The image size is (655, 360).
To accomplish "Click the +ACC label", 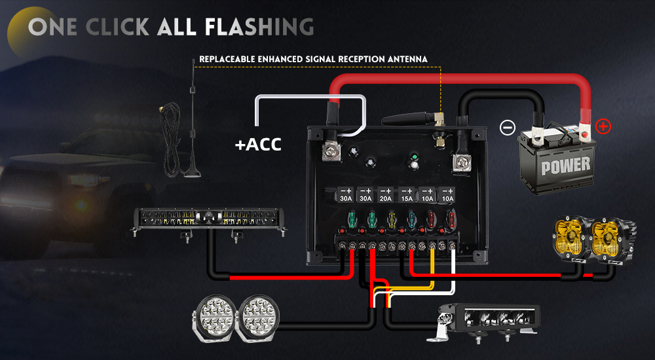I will pyautogui.click(x=258, y=144).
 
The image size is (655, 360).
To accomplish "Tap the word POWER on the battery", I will pyautogui.click(x=565, y=166).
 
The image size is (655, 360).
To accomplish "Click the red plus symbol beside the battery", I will pyautogui.click(x=603, y=126).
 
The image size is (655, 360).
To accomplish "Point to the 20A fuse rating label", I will pyautogui.click(x=386, y=198).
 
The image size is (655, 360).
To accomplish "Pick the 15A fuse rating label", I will pyautogui.click(x=407, y=198).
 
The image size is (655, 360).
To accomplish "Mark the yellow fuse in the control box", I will pyautogui.click(x=391, y=219).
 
